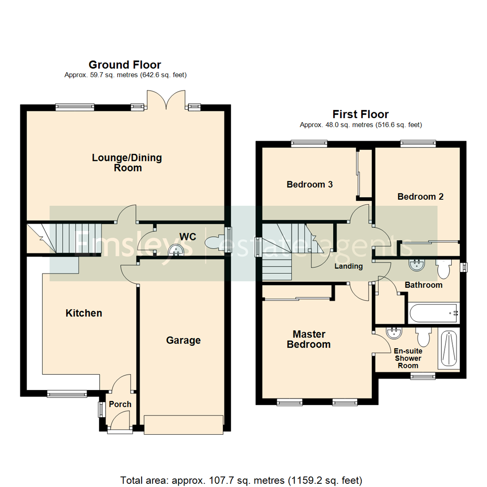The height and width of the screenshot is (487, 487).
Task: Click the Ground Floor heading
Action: click(125, 65)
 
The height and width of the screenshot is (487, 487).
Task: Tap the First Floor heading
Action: click(360, 114)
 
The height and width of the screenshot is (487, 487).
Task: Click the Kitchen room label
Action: click(84, 313)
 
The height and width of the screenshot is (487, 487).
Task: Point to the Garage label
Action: click(183, 340)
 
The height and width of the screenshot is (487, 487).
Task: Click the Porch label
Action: click(120, 404)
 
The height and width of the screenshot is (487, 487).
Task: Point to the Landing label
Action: click(348, 266)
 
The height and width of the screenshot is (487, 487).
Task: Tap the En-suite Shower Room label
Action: click(408, 358)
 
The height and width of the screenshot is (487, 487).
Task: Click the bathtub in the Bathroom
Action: click(433, 312)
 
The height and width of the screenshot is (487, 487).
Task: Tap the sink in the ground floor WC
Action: click(175, 249)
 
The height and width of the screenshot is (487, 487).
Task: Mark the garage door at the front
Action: click(183, 424)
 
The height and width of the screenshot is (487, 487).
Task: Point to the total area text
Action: click(241, 479)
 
